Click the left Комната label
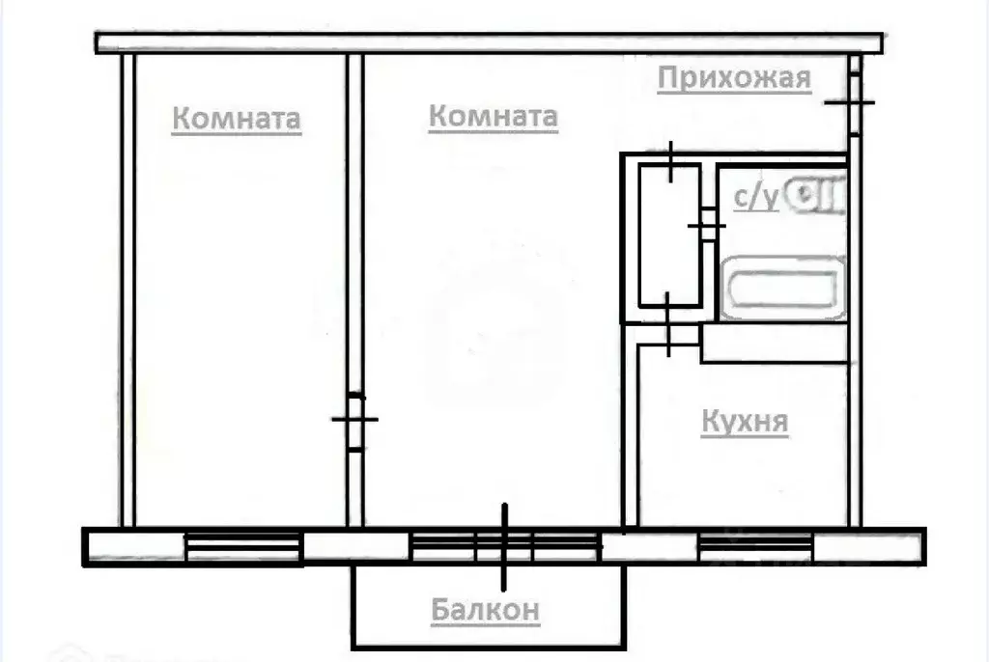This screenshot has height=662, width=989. [x=237, y=120]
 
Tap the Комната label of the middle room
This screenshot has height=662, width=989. [x=493, y=117]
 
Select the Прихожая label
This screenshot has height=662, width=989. [x=734, y=78]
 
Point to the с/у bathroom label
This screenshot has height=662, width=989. [x=755, y=197]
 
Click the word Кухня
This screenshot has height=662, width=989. [x=745, y=422]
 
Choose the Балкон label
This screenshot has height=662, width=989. [x=485, y=610]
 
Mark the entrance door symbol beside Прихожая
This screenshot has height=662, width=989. [x=850, y=101]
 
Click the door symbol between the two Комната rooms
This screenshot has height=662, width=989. [x=354, y=419]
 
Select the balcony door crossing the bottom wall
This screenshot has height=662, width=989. [x=504, y=546]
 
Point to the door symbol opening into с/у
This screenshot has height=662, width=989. [x=707, y=226]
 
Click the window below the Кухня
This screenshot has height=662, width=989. [x=754, y=546]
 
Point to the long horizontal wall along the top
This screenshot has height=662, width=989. [x=490, y=42]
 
